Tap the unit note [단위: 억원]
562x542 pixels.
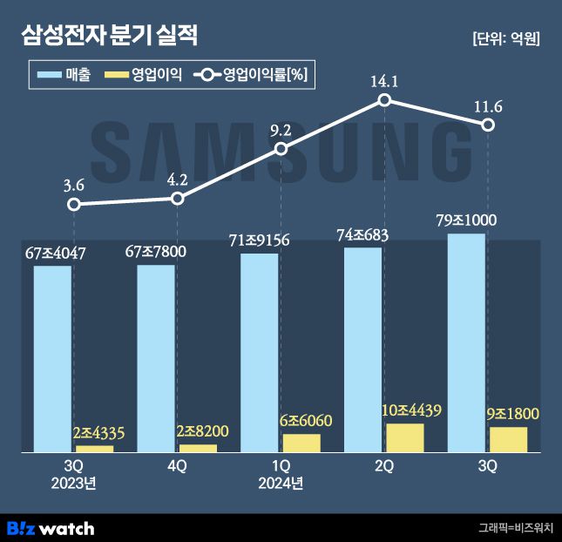coord(505,38)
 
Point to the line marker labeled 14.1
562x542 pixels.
coord(384,101)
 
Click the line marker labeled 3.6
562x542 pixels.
coord(74,205)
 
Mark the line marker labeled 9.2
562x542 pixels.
coord(281,150)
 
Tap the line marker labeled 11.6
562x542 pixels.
coord(488,125)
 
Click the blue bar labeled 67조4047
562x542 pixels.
coord(52,358)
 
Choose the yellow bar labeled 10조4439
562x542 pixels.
coord(405,437)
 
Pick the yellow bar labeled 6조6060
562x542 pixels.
coord(301,443)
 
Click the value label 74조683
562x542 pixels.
coord(362,235)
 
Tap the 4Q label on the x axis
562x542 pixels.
coord(177,466)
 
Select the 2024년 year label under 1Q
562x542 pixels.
coord(281,483)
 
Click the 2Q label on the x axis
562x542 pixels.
coord(384,466)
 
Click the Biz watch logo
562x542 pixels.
coord(51,528)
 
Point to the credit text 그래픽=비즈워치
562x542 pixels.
coord(514,528)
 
